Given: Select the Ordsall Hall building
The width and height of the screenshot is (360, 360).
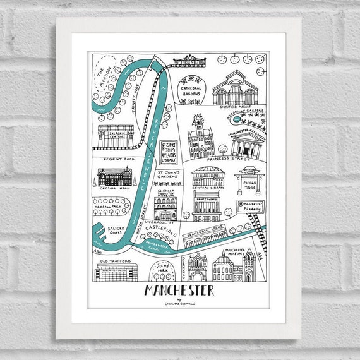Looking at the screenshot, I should coord(114,179).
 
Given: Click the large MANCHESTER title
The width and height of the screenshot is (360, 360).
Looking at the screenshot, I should coord(179,291).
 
